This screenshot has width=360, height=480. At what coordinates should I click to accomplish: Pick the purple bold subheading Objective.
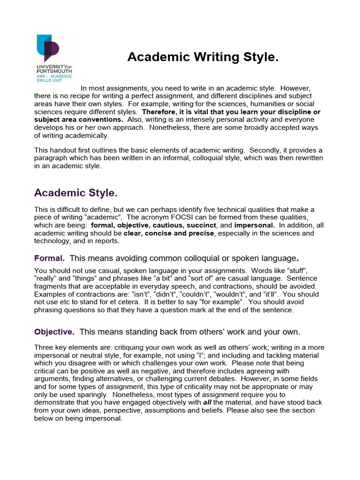coord(54,332)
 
